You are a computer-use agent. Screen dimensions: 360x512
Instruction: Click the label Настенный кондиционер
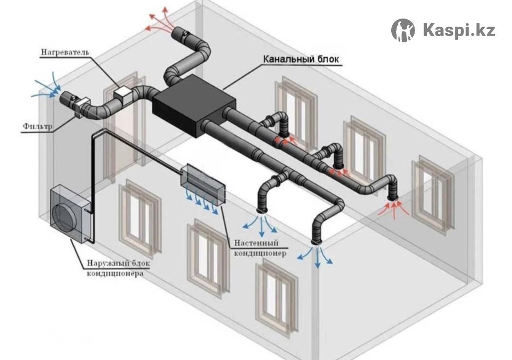pos(260,248)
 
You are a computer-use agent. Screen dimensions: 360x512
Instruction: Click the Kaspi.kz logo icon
pos(403,30)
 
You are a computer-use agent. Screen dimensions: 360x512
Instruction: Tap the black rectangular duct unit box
pos(193,110)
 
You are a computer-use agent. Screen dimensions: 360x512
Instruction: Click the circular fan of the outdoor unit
pos(67,218)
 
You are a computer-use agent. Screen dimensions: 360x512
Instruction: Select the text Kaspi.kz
pos(458,30)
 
